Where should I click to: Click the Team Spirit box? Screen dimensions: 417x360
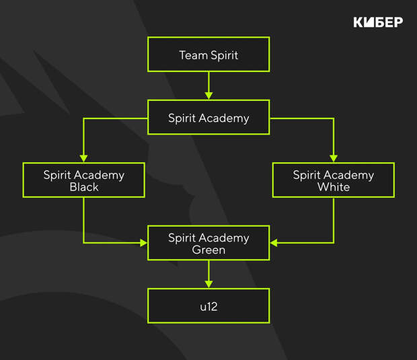tap(208, 55)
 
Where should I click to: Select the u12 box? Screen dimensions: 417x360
tap(208, 306)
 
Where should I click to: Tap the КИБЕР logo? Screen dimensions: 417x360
tap(378, 22)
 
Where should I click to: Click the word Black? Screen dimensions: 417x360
tap(84, 187)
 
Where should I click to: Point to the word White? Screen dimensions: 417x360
tap(334, 187)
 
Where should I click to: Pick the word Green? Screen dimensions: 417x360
tap(208, 250)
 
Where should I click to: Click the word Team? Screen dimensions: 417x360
tap(193, 55)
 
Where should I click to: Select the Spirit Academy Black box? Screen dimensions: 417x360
tap(84, 180)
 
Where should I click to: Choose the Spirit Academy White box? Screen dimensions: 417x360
tap(334, 180)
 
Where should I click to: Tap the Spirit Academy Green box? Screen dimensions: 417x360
tap(208, 243)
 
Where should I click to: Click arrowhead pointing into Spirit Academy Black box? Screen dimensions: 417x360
tap(84, 159)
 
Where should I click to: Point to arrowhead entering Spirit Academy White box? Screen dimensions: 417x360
tap(334, 159)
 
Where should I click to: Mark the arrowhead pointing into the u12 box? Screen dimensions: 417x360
tap(208, 285)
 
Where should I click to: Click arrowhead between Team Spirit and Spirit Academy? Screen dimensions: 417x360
tap(208, 96)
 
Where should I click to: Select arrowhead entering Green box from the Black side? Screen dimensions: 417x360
tap(144, 243)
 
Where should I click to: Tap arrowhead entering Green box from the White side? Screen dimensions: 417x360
tap(274, 243)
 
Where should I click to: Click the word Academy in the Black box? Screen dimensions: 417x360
tap(99, 176)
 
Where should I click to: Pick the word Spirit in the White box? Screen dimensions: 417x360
tap(307, 176)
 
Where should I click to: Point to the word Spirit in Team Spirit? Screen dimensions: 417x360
tap(224, 56)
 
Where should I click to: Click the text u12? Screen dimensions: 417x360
tap(208, 307)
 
